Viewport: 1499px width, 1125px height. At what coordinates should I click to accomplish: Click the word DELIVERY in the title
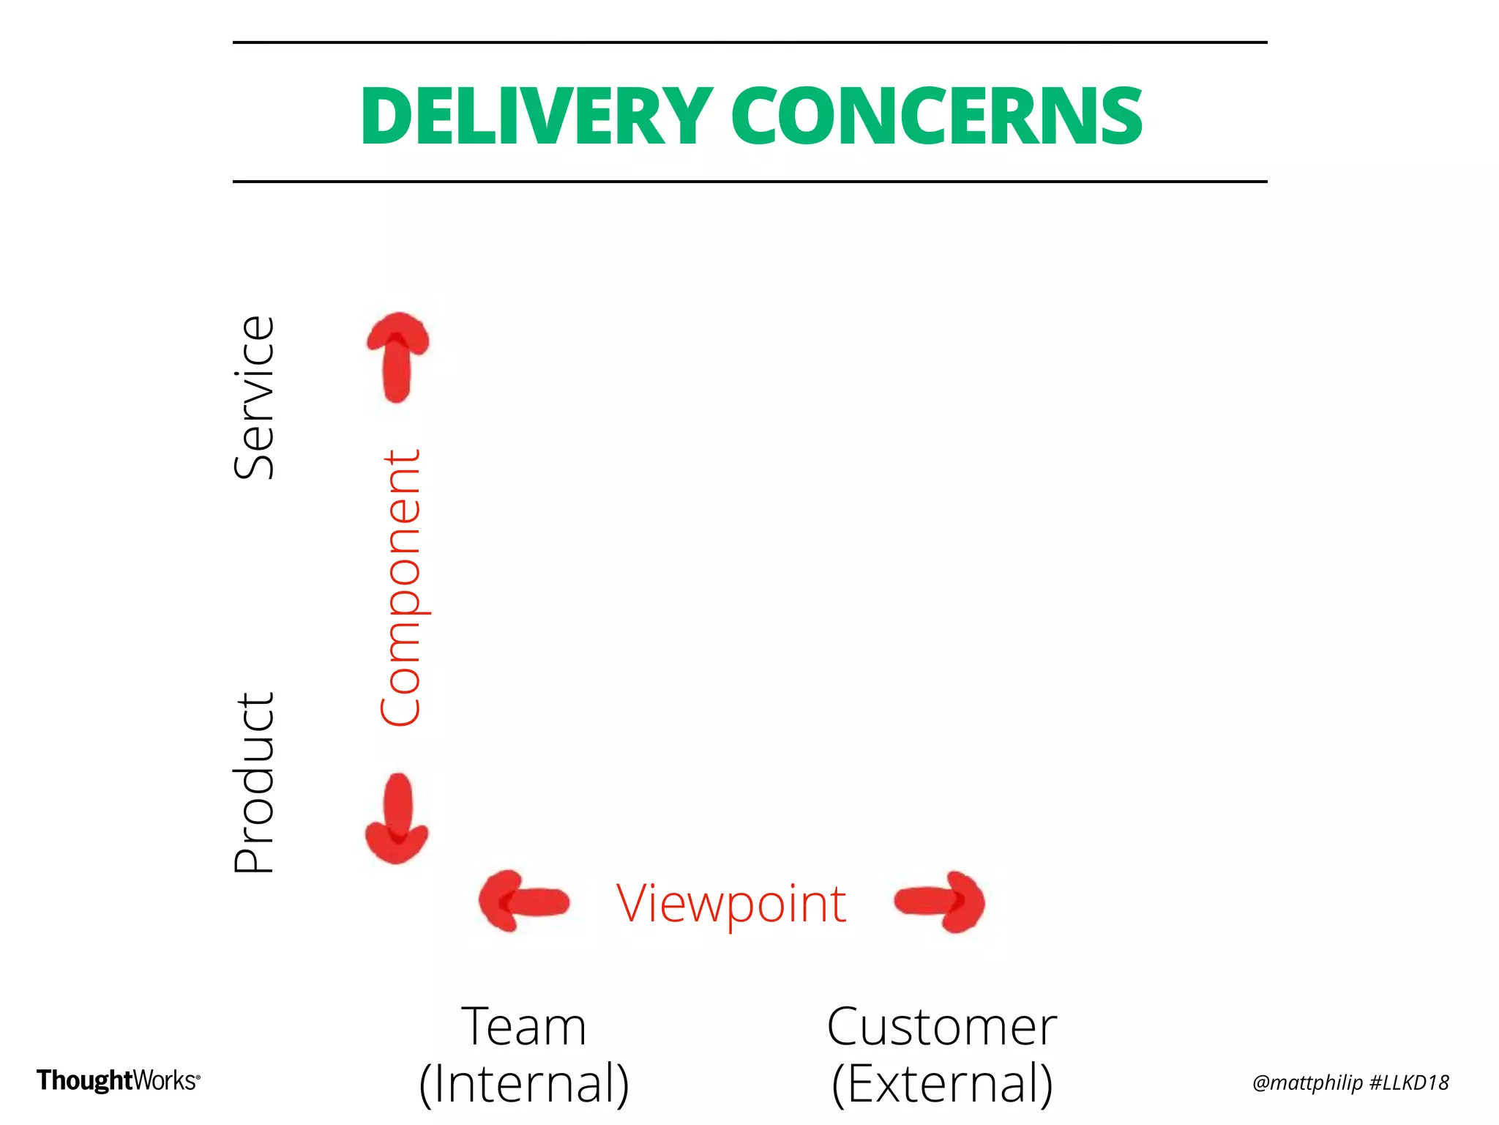click(536, 116)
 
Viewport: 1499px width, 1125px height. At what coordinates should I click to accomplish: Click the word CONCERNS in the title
click(936, 116)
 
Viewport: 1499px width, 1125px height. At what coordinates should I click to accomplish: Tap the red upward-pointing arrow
click(397, 357)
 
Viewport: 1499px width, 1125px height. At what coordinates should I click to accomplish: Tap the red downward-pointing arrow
click(397, 818)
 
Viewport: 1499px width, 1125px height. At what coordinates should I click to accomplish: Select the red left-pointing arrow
click(523, 901)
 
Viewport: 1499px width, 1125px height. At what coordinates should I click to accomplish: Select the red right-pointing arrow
click(941, 901)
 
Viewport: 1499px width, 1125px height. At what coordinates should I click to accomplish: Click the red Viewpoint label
click(731, 904)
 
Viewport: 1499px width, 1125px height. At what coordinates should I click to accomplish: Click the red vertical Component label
click(400, 588)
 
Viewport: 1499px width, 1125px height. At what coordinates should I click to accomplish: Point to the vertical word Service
click(254, 398)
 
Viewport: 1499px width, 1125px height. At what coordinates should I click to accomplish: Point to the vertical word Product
click(254, 783)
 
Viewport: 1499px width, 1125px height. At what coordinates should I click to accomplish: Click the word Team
click(524, 1027)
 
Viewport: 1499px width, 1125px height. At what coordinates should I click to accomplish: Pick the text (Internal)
click(524, 1083)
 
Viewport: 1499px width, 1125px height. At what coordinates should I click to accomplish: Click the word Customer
click(942, 1027)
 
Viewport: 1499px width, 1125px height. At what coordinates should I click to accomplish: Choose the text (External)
click(942, 1083)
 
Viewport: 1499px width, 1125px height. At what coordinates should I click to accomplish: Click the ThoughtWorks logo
click(118, 1080)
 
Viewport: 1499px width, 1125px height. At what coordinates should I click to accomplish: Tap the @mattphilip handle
click(1307, 1083)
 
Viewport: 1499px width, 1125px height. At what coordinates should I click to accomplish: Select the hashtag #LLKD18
click(1408, 1083)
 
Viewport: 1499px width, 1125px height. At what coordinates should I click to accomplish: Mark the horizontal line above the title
click(749, 42)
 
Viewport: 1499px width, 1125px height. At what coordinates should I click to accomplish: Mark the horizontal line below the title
click(749, 181)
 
